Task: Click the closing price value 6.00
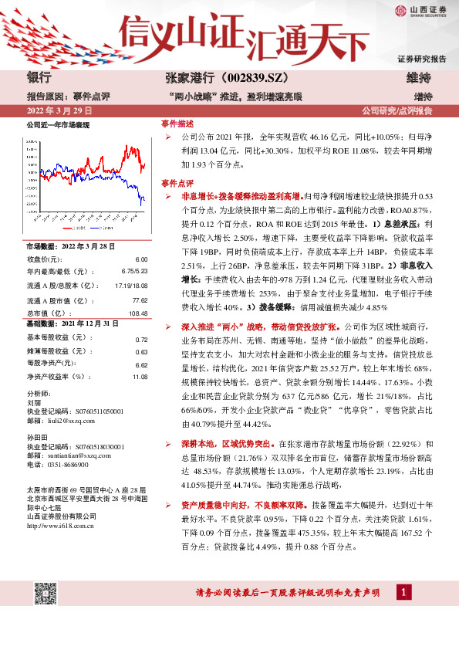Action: click(140, 259)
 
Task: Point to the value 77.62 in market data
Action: click(139, 300)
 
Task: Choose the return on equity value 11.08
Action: click(139, 377)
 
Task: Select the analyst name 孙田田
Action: click(37, 437)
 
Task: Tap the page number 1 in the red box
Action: click(403, 592)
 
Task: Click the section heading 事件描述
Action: click(177, 124)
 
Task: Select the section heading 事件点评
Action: click(177, 183)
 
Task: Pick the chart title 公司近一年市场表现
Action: click(58, 124)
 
